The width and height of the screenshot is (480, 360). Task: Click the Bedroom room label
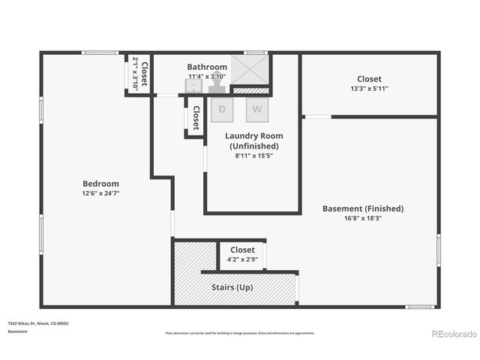pos(100,184)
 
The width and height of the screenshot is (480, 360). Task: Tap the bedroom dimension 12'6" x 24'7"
pos(100,193)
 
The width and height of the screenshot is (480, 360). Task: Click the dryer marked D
pos(222,109)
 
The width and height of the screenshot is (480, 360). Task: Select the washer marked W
pos(257,109)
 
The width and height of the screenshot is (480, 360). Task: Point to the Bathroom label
pos(207,67)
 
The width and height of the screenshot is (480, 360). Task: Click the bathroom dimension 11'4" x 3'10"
pos(207,76)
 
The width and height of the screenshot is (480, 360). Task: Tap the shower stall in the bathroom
pos(249,69)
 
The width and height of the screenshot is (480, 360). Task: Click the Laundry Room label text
pos(253,140)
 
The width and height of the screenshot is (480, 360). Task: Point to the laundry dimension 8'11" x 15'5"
pos(253,156)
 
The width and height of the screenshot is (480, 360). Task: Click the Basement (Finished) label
pos(363,208)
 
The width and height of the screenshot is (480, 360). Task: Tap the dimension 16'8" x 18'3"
pos(363,218)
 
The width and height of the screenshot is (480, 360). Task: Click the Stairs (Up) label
pos(234,288)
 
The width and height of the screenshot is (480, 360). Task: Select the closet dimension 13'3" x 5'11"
pos(369,88)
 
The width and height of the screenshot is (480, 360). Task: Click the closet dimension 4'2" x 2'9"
pos(242,259)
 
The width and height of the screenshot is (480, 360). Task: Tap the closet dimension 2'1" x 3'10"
pos(136,73)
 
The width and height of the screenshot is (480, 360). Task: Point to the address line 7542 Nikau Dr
pos(37,323)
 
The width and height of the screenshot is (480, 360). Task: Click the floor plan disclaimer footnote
pos(240,333)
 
